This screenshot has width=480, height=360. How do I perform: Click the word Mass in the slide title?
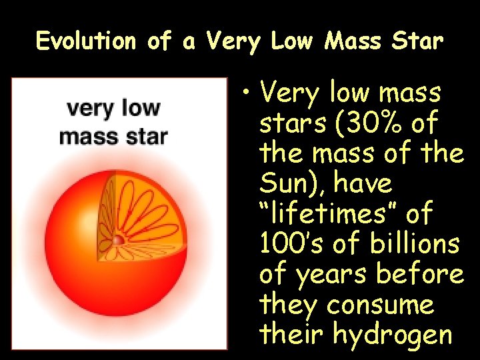(352, 41)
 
